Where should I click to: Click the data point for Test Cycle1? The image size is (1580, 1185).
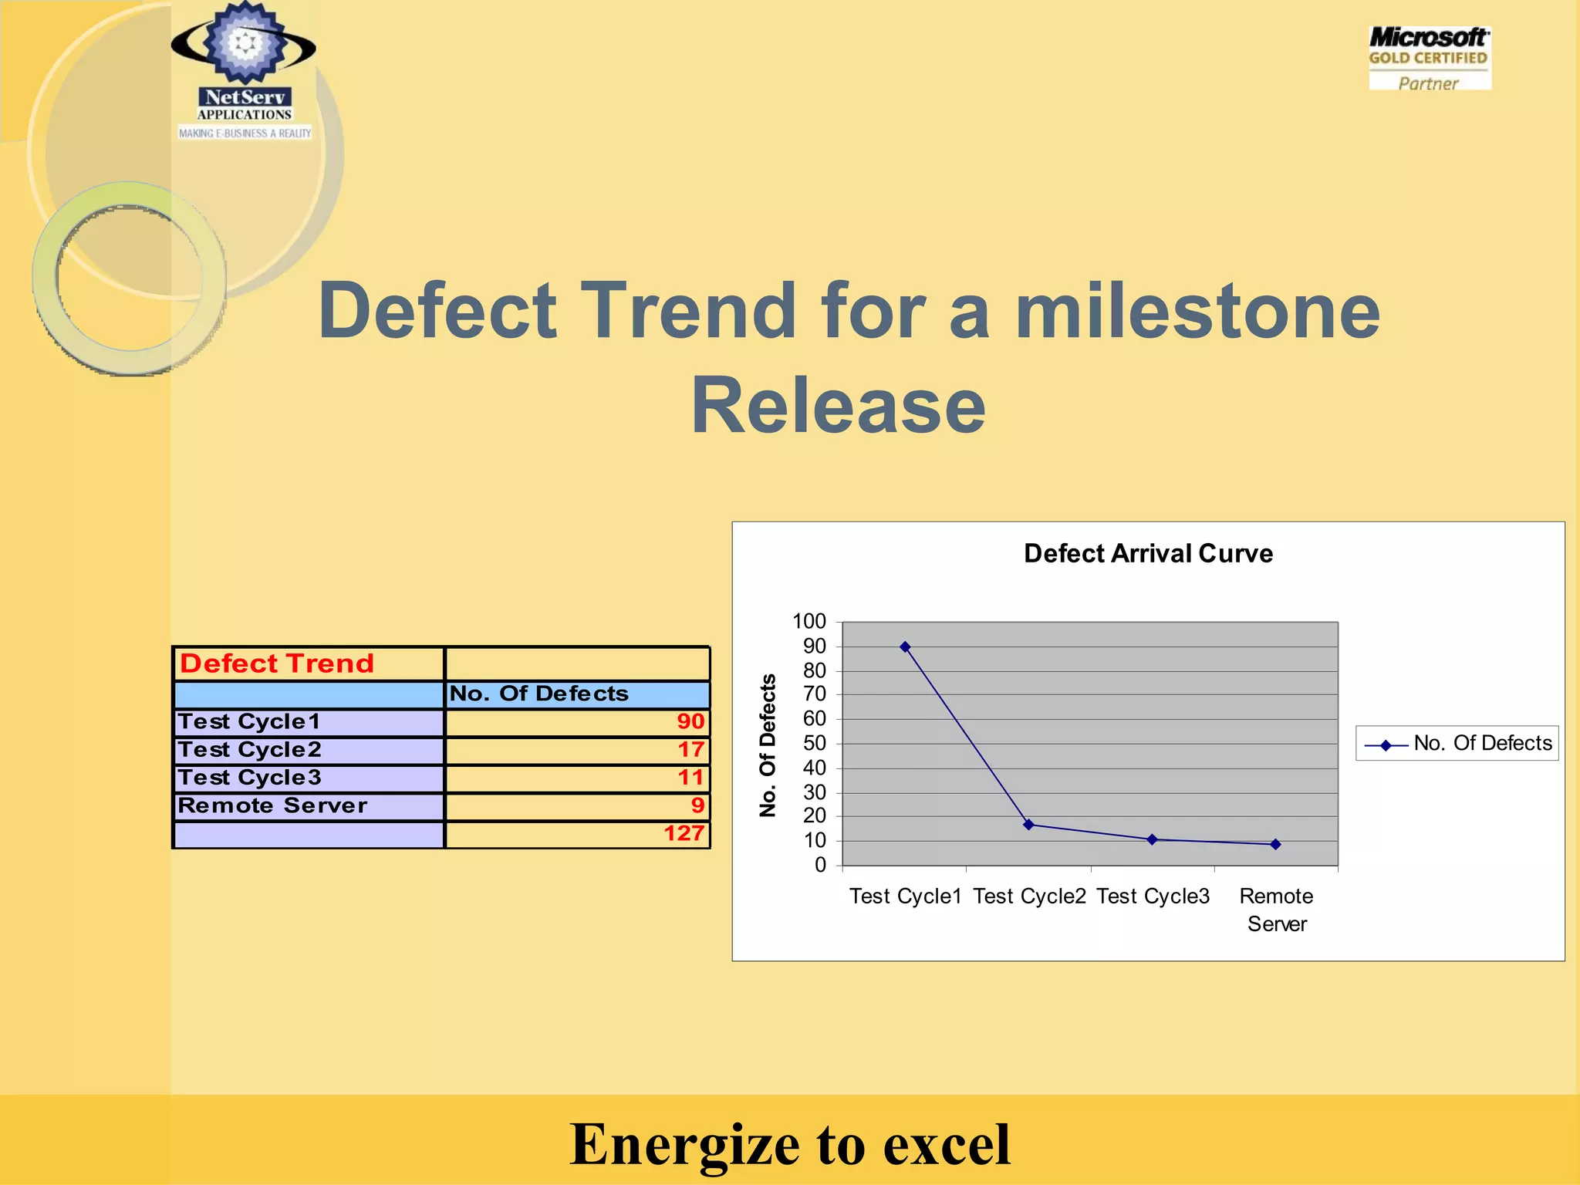(x=905, y=647)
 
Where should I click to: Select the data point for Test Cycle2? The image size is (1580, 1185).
(x=1028, y=825)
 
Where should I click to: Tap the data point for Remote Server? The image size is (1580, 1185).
(x=1275, y=844)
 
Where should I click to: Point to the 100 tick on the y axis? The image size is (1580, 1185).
(x=809, y=621)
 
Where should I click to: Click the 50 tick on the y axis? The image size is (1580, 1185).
(x=814, y=743)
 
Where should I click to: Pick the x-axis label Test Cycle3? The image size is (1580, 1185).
(x=1153, y=896)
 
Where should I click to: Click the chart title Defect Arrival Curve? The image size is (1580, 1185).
(x=1148, y=553)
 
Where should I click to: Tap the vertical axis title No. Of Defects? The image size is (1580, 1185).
(x=768, y=745)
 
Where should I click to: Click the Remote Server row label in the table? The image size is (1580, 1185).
(x=272, y=805)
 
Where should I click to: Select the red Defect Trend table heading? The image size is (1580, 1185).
(x=277, y=663)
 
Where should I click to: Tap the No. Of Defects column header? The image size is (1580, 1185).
(x=538, y=694)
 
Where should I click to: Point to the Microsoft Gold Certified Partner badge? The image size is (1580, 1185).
(x=1429, y=59)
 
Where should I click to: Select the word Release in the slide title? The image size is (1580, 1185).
(x=838, y=406)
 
